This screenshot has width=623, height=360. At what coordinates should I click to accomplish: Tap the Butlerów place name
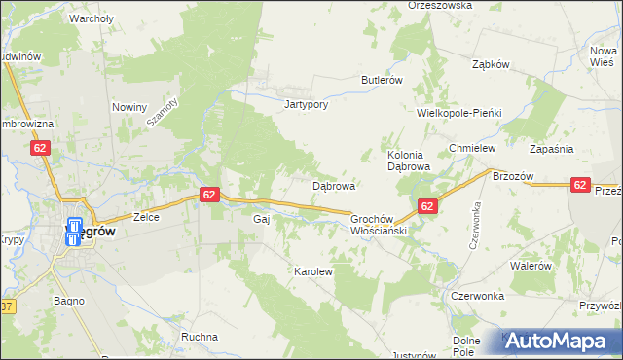tap(382, 80)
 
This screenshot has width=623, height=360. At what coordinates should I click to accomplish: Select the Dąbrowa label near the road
tap(333, 185)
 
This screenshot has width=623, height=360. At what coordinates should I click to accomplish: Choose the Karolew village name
tap(313, 272)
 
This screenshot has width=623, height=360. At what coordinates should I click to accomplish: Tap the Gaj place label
tap(260, 220)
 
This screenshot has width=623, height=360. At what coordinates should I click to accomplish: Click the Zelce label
tap(146, 218)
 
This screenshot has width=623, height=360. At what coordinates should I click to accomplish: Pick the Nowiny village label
tap(129, 107)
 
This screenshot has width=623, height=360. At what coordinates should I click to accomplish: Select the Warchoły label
tap(92, 18)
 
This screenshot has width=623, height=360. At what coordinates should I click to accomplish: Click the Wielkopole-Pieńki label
tap(458, 113)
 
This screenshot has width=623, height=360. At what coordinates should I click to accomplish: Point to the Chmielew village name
tap(473, 148)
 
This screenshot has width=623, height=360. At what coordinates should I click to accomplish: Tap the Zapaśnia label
tap(551, 148)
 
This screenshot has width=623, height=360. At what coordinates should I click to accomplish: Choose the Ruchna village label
tap(199, 337)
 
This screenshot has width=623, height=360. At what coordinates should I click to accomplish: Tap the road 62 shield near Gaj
tap(209, 195)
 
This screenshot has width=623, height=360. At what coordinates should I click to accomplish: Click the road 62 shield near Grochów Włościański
tap(427, 206)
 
